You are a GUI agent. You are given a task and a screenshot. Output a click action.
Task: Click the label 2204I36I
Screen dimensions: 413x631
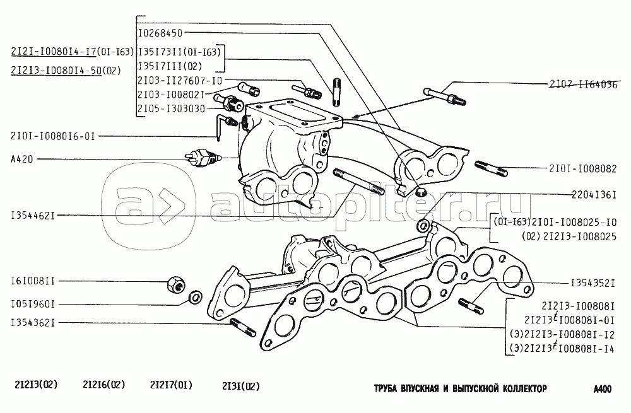[x=589, y=194]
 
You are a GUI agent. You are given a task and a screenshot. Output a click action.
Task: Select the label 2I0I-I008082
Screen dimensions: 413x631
[x=582, y=169]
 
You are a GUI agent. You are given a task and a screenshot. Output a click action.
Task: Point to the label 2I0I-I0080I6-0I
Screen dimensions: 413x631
[x=51, y=136]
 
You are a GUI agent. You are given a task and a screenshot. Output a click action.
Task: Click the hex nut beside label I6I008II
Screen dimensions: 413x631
[x=174, y=286]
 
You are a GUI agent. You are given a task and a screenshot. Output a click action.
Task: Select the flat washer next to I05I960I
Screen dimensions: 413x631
[x=196, y=296]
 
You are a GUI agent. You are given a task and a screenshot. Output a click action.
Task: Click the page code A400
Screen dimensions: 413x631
[x=603, y=389]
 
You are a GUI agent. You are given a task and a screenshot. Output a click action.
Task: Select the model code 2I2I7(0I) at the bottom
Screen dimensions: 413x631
[x=171, y=385]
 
